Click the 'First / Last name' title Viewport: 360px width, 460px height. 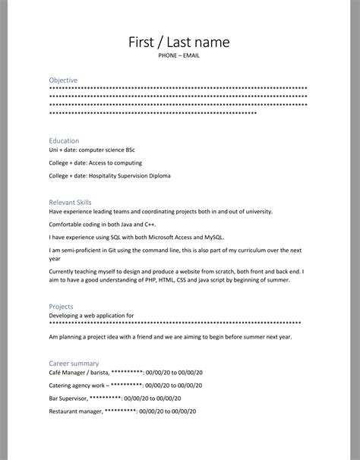click(179, 42)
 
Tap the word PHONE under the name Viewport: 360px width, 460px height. click(169, 56)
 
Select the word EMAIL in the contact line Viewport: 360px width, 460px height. click(192, 56)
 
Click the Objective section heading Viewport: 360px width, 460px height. click(63, 80)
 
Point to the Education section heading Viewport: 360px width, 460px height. click(64, 140)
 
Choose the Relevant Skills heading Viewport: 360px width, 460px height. click(70, 203)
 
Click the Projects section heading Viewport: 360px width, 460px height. click(62, 306)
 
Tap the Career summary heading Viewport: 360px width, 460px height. click(74, 364)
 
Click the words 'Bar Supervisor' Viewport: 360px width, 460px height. click(68, 398)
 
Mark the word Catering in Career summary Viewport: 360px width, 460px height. click(62, 386)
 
